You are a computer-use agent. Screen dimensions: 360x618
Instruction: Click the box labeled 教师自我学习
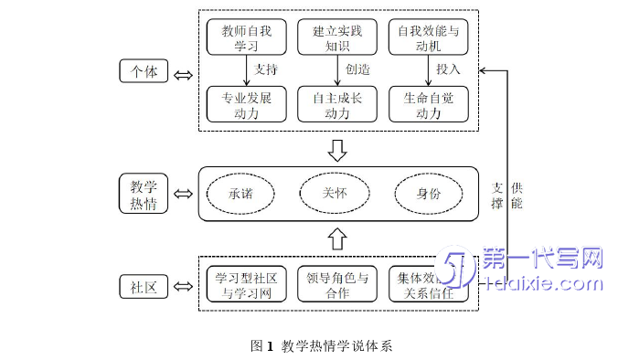[x=246, y=37]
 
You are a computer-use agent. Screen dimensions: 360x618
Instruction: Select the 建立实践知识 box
[x=336, y=37]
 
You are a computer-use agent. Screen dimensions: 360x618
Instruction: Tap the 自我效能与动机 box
[x=428, y=37]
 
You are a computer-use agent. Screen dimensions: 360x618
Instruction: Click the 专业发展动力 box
[x=246, y=103]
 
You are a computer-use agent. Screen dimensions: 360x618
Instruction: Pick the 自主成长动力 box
[x=336, y=103]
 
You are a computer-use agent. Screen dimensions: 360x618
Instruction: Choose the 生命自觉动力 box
[x=428, y=103]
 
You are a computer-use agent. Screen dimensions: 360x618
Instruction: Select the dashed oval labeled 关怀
[x=335, y=193]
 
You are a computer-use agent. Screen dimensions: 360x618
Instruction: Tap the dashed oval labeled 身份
[x=428, y=194]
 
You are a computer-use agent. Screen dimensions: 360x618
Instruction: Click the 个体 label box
[x=144, y=71]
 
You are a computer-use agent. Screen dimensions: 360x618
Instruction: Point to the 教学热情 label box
[x=144, y=194]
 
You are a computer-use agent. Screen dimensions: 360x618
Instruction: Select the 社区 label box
[x=144, y=287]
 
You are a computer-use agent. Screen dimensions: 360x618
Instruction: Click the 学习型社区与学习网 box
[x=246, y=285]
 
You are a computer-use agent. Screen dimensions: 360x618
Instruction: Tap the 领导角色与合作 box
[x=336, y=285]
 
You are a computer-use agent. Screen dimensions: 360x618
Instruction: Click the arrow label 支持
[x=265, y=69]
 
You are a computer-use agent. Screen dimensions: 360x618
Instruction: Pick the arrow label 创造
[x=357, y=69]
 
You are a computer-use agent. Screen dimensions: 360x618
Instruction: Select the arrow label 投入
[x=448, y=69]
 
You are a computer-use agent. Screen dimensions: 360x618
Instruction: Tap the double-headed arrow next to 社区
[x=182, y=287]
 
